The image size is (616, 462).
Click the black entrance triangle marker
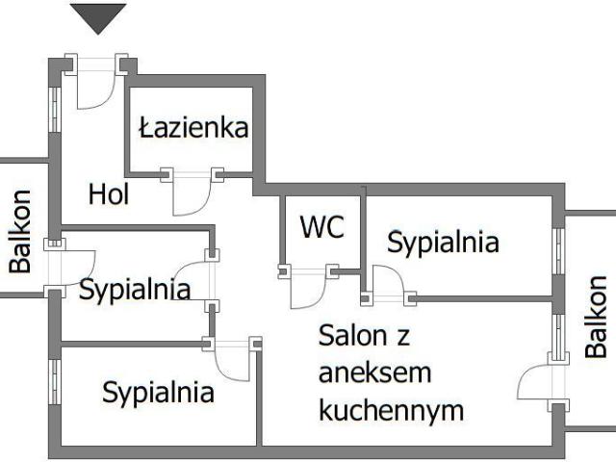tap(98, 16)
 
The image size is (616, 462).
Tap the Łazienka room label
tap(193, 127)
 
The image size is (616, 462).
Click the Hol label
tap(109, 193)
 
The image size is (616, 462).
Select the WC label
tap(322, 227)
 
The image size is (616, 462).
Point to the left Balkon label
tap(20, 231)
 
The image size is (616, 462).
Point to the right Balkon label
tap(597, 317)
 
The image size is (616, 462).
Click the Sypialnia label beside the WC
tap(443, 243)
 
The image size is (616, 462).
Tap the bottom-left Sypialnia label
tap(158, 392)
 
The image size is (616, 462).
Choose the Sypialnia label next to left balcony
tap(134, 289)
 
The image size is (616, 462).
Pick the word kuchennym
tap(391, 411)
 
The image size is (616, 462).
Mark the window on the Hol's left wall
tap(55, 102)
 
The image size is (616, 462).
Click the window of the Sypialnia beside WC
tap(557, 252)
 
